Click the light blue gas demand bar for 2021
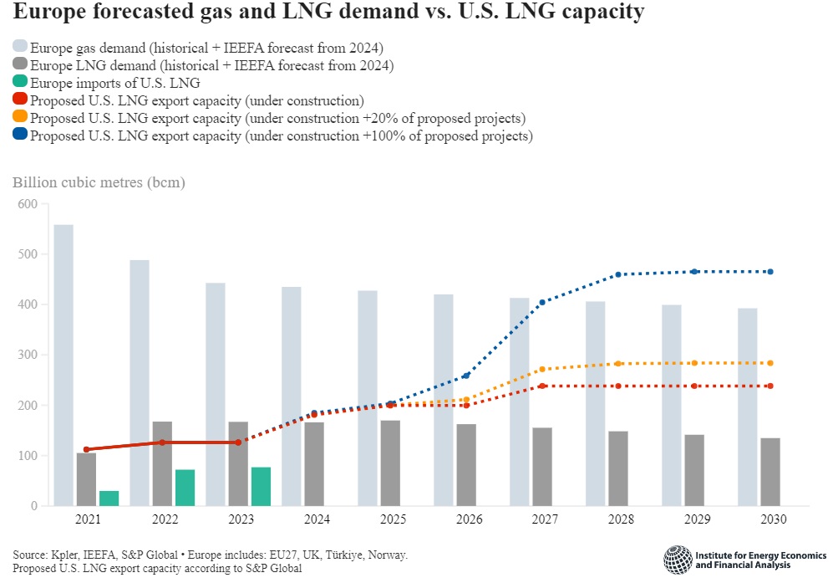coord(63,365)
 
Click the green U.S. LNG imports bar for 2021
coord(109,498)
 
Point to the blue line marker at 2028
coord(617,274)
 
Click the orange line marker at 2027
coord(541,369)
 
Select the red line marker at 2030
coord(770,386)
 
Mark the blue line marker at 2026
coord(465,376)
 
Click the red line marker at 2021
coord(86,449)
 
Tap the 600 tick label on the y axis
coord(28,204)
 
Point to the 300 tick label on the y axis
coord(28,355)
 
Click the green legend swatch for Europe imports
coord(20,84)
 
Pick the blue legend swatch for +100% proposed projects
coord(20,136)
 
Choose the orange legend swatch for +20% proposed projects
coord(20,118)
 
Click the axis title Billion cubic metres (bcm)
coord(99,182)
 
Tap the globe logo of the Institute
coord(677,559)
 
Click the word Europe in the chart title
coord(52,13)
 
